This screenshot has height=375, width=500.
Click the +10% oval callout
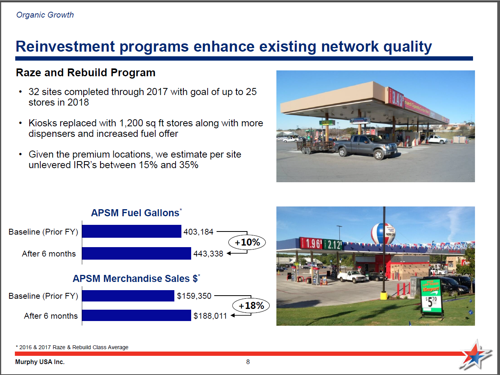pos(247,242)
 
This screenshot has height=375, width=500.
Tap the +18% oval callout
pos(251,305)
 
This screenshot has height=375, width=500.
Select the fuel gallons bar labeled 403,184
pos(131,231)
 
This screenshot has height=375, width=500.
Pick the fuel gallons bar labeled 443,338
pos(136,253)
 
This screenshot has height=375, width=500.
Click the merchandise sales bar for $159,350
pos(128,296)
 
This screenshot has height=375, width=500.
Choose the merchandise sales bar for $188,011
pos(136,315)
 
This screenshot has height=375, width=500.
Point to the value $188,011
pos(210,316)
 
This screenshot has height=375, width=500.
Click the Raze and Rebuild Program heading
pos(86,73)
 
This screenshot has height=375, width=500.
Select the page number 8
pos(248,362)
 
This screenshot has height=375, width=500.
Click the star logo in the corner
pos(476,355)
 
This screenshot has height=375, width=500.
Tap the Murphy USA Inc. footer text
pos(40,362)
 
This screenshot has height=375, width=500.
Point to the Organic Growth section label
pos(45,15)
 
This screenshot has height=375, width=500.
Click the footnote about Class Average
pos(72,347)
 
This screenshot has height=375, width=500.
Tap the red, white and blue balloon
pos(383,233)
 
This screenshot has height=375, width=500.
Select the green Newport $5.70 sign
pos(431,296)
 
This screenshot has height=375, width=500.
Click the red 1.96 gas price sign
pos(312,244)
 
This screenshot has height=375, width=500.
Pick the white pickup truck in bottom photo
pos(352,276)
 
